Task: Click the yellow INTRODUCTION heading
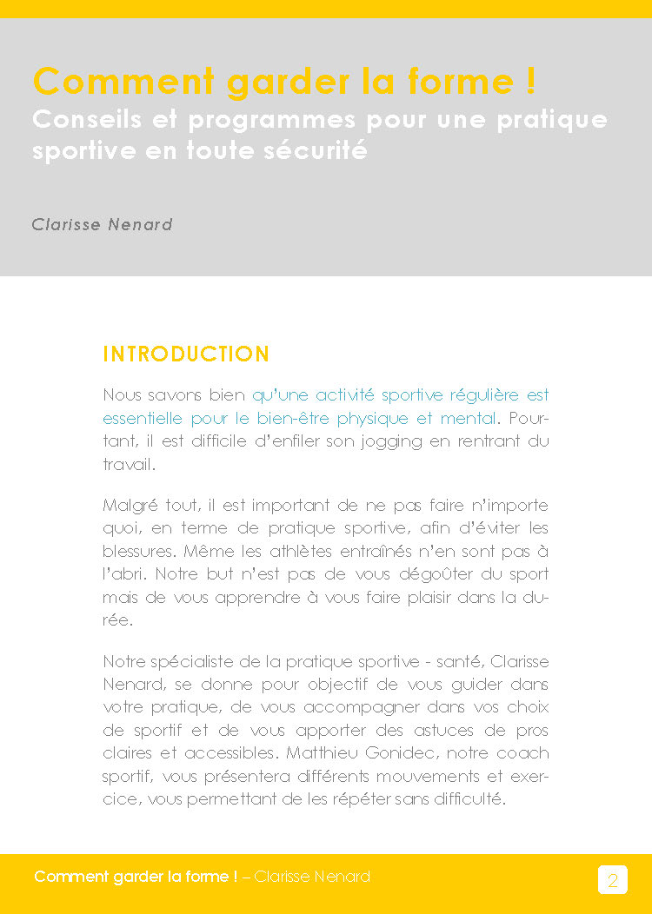tap(186, 354)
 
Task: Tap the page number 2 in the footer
tap(612, 880)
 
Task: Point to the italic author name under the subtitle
tap(102, 224)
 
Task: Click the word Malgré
tap(130, 506)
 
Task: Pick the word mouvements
tap(394, 776)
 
